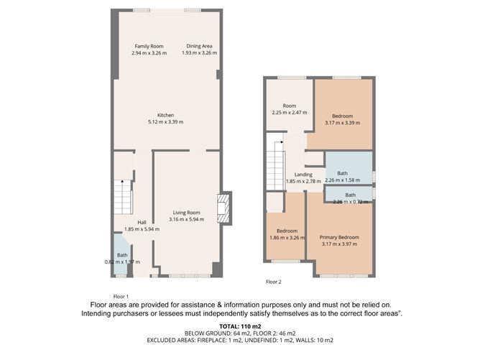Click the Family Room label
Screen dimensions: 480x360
[x=149, y=46]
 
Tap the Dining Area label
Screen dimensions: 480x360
[x=199, y=46]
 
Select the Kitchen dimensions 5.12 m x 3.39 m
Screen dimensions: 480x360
[x=165, y=122]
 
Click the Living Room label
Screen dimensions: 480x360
[x=186, y=213]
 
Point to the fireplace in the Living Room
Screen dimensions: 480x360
[x=223, y=208]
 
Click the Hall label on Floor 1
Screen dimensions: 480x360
[x=142, y=223]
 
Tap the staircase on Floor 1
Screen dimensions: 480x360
[x=123, y=197]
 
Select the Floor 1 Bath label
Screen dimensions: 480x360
[x=122, y=255]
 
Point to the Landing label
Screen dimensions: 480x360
[x=303, y=175]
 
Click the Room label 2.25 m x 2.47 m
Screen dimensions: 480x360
[x=290, y=109]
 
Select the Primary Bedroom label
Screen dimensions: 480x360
[x=339, y=237]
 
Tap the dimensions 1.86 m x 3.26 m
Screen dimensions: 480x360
[x=287, y=238]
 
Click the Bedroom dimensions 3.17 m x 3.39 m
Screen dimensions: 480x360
[x=342, y=123]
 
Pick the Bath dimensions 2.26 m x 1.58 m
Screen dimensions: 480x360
[x=342, y=180]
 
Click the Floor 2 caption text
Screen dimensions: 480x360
[x=273, y=282]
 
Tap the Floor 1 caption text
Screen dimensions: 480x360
[x=121, y=296]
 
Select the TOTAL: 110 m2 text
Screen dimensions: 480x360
[x=240, y=326]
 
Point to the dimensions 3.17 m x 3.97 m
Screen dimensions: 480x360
[x=339, y=244]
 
